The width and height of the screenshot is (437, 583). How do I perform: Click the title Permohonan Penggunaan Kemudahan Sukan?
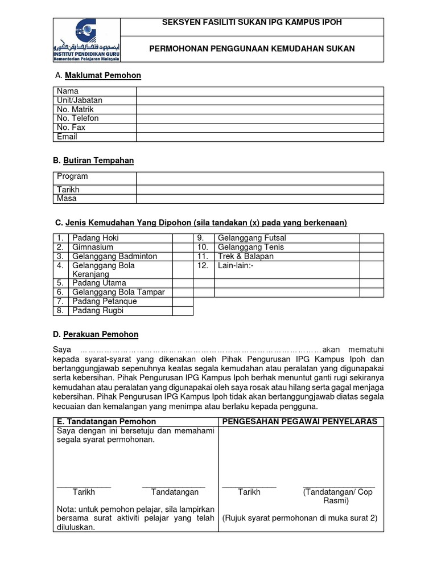252,49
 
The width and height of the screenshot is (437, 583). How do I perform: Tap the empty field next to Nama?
259,91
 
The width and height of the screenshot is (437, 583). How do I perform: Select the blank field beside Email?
259,137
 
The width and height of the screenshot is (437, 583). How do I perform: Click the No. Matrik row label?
75,109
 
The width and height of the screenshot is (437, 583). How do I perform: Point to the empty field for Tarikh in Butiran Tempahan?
259,190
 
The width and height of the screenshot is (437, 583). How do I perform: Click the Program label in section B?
72,176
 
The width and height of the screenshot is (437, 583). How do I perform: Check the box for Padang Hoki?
183,238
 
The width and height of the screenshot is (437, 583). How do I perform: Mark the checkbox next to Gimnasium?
183,247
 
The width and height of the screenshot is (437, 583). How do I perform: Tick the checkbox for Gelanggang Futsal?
371,238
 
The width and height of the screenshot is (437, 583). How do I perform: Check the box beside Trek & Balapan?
371,256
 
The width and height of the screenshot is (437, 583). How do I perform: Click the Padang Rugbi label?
97,311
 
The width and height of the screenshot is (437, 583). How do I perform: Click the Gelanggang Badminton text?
114,256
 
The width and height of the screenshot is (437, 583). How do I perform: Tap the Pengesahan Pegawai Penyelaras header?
299,421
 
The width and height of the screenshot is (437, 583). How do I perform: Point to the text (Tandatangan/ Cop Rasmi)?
338,496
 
